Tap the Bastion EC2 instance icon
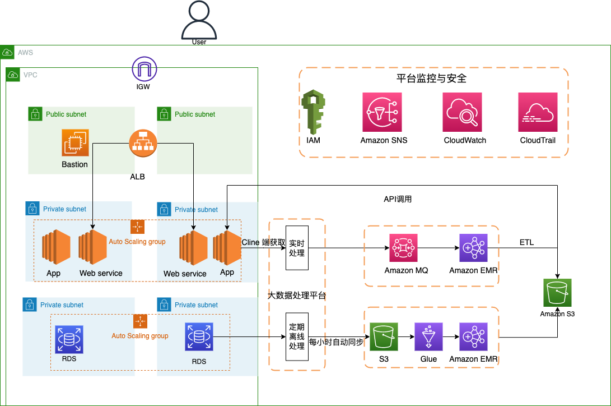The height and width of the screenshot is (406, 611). [75, 142]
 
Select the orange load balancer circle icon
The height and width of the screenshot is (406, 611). [143, 144]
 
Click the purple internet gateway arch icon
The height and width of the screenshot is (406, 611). [144, 69]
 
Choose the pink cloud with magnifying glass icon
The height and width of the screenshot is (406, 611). [462, 113]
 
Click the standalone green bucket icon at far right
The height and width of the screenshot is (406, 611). [558, 293]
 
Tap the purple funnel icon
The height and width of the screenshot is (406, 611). [428, 336]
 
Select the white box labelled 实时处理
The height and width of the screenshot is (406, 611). [297, 248]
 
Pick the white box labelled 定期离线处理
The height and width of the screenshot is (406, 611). [297, 336]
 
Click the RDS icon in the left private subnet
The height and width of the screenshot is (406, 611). [69, 340]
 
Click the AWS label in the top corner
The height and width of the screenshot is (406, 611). [25, 53]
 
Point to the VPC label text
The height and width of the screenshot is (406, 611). [30, 75]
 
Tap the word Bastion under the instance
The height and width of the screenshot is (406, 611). [75, 164]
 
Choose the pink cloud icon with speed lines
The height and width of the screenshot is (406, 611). [538, 113]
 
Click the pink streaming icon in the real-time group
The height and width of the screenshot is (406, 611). [404, 248]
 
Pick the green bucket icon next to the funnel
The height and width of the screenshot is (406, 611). [384, 336]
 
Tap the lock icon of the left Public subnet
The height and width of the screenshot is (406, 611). [35, 114]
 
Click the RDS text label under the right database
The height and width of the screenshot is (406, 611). [199, 362]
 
